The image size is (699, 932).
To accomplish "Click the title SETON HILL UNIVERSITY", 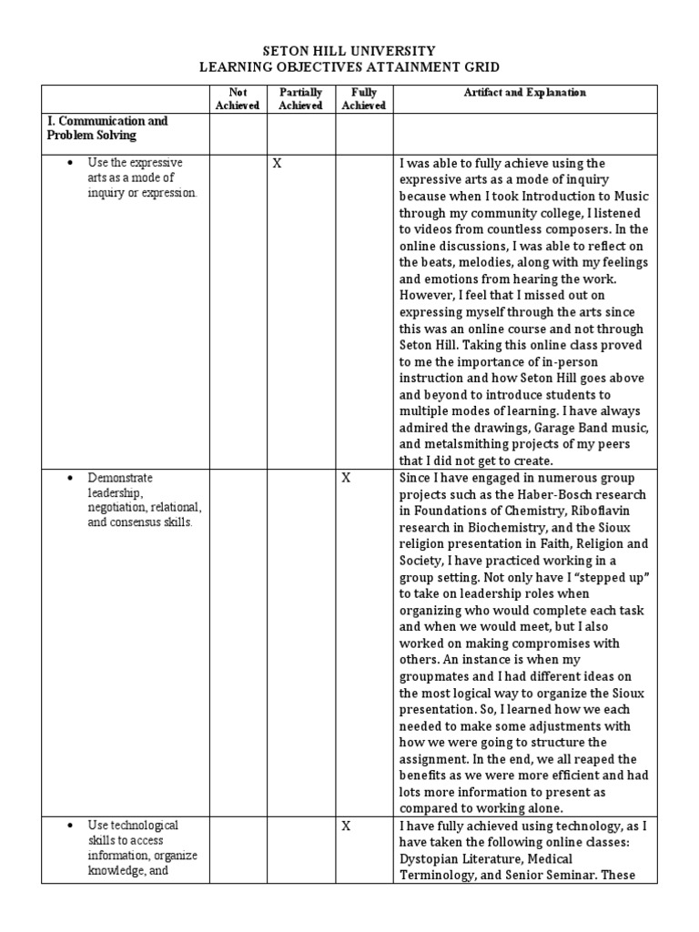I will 349,52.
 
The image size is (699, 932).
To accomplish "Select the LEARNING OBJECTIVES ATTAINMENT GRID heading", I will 349,67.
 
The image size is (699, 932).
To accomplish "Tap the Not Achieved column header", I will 237,98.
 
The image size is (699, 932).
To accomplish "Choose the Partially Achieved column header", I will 300,98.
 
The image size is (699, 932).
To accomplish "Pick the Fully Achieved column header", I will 363,98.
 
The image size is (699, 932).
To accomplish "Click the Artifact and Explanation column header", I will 524,93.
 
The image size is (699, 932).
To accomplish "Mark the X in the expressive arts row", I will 277,164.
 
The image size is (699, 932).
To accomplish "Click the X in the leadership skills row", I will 346,478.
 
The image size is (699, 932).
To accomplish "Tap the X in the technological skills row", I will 346,826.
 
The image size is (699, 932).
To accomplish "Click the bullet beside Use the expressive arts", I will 69,163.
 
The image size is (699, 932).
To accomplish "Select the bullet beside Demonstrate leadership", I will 69,478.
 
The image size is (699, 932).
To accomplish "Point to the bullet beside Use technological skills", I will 69,826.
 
